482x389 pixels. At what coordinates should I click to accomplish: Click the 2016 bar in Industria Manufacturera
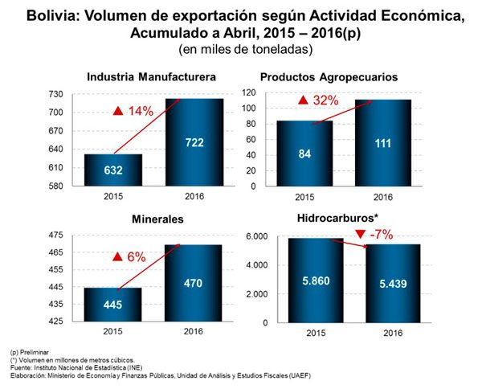(x=194, y=142)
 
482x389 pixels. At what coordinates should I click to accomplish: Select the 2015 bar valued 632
(x=112, y=170)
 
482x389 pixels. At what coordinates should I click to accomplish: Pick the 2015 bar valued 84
(x=304, y=154)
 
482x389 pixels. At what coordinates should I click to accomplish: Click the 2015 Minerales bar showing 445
(x=112, y=304)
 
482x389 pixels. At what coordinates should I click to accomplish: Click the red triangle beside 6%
(x=117, y=257)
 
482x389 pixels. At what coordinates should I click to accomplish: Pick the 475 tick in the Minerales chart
(x=56, y=236)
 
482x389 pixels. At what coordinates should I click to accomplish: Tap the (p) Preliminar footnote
(x=32, y=352)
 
